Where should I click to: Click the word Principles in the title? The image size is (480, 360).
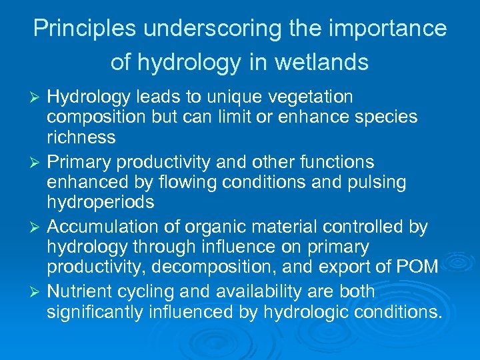(75, 29)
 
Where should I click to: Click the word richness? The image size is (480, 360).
(81, 138)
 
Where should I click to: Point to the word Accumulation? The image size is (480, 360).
(99, 227)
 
